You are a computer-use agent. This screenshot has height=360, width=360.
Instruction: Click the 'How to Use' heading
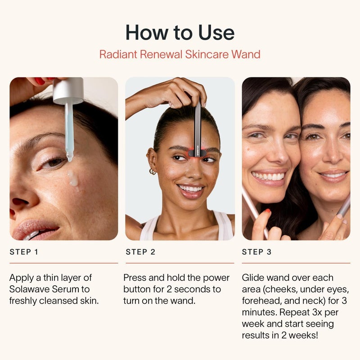180,33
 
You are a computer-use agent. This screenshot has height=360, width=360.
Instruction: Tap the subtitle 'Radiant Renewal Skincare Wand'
180,55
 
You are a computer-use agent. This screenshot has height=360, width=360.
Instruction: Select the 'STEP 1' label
24,252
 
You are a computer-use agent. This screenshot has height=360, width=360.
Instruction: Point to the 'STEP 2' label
140,252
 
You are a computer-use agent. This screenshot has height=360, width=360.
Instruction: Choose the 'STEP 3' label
257,252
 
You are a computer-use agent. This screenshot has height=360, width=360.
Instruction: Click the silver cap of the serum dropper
68,90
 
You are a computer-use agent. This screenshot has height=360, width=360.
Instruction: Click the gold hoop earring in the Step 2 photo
153,171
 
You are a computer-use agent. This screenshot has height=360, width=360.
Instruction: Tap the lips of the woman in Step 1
34,229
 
